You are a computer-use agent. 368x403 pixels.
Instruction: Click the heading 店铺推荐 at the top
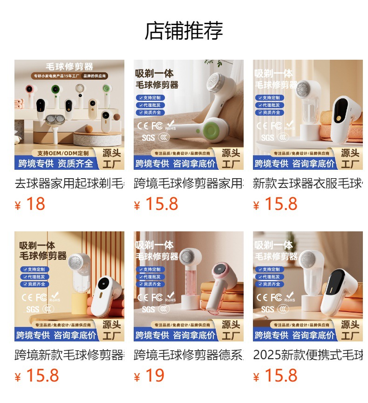(184, 31)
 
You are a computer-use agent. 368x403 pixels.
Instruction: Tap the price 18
(35, 204)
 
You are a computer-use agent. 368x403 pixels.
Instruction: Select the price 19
(155, 375)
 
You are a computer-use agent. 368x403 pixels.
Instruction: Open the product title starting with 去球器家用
(69, 183)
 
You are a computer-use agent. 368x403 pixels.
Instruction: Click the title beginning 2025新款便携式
(307, 355)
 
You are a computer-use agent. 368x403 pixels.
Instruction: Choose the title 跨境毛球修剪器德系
(189, 355)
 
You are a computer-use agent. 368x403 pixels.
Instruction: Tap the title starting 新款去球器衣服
(307, 183)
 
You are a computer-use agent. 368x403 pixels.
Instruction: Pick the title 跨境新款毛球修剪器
(69, 355)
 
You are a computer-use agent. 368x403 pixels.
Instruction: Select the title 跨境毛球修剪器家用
(189, 183)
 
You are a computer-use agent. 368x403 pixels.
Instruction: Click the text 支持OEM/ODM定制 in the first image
(62, 153)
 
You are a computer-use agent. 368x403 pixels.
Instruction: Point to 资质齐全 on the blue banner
(75, 164)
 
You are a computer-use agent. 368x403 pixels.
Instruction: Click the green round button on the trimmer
(213, 130)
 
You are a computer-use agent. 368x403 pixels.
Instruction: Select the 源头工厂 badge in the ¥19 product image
(231, 330)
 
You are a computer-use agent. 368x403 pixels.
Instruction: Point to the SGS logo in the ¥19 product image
(148, 309)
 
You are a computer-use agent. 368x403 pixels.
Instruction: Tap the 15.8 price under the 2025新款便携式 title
(280, 375)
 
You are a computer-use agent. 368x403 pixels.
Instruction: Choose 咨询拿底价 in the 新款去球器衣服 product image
(313, 164)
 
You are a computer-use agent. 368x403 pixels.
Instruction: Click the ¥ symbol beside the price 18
(18, 206)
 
